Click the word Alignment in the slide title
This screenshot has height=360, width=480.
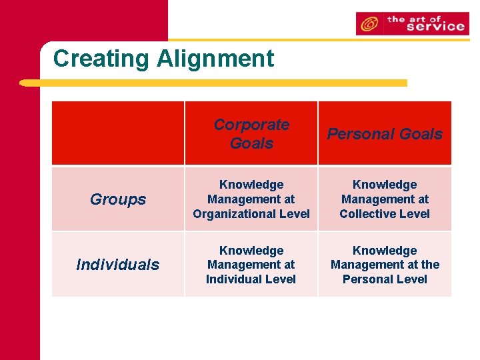pyautogui.click(x=215, y=59)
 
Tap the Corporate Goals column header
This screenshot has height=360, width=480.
pyautogui.click(x=251, y=133)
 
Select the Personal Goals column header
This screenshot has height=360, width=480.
pyautogui.click(x=385, y=133)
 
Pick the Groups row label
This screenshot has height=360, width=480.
pyautogui.click(x=118, y=199)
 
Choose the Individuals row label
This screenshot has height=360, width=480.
pyautogui.click(x=118, y=265)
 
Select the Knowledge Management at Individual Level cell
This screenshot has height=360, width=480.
pyautogui.click(x=251, y=265)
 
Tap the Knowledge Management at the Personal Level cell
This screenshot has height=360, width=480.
pyautogui.click(x=385, y=265)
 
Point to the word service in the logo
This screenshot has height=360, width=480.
pyautogui.click(x=435, y=27)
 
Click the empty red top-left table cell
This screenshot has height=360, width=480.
pyautogui.click(x=118, y=133)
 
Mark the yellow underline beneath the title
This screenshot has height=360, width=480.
pyautogui.click(x=213, y=83)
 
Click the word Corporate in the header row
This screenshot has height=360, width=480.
pyautogui.click(x=251, y=125)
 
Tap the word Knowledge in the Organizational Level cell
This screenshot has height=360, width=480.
pyautogui.click(x=251, y=185)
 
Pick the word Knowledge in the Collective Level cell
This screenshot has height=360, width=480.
pyautogui.click(x=385, y=185)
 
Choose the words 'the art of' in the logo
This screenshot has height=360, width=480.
pyautogui.click(x=413, y=19)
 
